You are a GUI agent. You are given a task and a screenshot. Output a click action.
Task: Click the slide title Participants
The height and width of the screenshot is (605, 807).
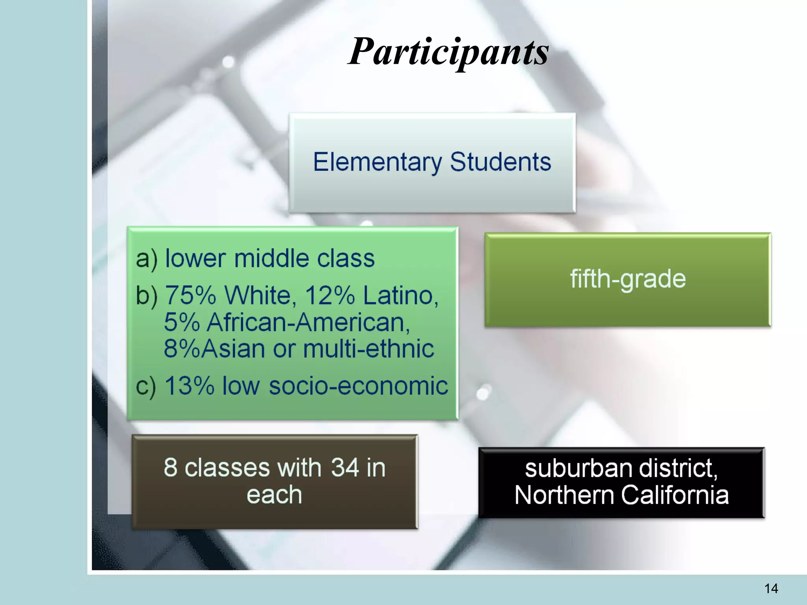pos(448,52)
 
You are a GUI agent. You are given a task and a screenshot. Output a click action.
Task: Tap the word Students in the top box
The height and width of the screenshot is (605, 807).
pos(500,162)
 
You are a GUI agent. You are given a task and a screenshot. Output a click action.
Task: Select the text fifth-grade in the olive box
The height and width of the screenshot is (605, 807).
pos(628,279)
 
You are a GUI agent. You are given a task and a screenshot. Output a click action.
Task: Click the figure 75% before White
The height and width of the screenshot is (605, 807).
pos(190,295)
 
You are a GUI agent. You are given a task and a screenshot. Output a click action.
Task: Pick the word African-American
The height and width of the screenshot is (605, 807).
pos(308,322)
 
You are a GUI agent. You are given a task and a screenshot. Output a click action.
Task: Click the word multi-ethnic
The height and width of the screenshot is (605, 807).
pos(368,349)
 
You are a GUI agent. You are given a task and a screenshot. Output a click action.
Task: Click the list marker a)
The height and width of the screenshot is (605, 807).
pos(147,259)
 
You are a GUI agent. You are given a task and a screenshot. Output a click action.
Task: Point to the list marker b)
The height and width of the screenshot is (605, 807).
pos(147,295)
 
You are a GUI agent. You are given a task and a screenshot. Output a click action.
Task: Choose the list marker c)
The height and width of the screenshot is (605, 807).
pos(146,386)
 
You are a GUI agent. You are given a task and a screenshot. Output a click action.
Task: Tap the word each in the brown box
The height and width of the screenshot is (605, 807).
pos(274,495)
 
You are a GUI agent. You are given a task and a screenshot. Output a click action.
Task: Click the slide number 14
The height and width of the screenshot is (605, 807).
pos(771,588)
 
